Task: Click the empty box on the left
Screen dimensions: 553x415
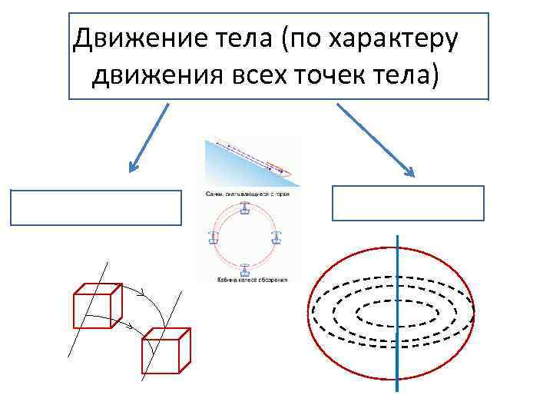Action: tap(96, 207)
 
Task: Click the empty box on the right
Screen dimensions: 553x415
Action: tap(408, 203)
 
